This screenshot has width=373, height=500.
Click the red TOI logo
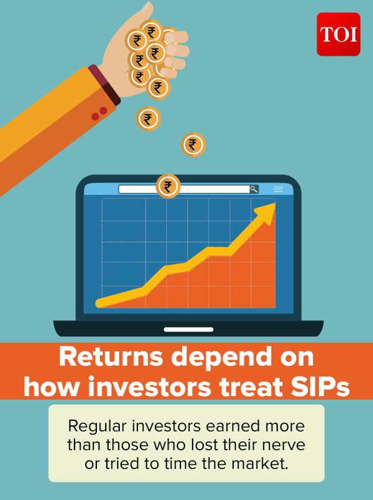339,34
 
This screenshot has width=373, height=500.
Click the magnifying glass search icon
254,189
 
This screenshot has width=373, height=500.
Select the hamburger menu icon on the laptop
279,189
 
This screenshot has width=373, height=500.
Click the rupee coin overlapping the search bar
168,186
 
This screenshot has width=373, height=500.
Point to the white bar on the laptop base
188,329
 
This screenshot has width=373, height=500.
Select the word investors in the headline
149,387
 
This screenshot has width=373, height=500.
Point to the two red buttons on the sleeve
99,114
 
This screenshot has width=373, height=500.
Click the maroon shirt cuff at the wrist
104,85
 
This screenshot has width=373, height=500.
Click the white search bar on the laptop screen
184,189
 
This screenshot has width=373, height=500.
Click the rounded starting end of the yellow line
99,304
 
